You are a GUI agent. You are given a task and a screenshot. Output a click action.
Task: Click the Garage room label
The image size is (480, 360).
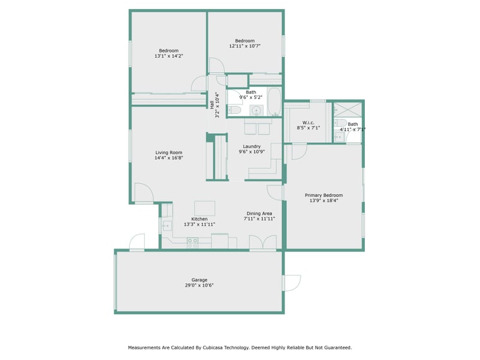point(199,280)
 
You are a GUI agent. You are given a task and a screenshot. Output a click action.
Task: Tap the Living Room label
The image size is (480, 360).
point(169,152)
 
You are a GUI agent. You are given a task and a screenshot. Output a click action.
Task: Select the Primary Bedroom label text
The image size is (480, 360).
point(323,196)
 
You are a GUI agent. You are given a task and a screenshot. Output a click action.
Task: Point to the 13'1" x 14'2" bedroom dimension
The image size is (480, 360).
point(169,56)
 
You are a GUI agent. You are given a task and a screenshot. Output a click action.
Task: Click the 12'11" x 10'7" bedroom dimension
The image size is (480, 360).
point(245,46)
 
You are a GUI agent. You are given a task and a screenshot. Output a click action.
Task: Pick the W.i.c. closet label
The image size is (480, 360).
point(308,122)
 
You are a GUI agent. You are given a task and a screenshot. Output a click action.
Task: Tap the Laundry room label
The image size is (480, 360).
point(251,146)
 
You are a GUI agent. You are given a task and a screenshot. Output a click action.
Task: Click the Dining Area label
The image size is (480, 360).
point(259,214)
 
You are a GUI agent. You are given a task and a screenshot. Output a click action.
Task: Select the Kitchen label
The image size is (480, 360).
point(199,219)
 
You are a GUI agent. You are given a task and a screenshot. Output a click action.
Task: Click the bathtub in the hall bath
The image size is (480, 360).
point(274,101)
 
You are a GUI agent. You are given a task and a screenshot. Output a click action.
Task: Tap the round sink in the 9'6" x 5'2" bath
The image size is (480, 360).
point(256,110)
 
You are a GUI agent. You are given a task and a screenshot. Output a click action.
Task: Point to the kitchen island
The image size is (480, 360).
point(205,208)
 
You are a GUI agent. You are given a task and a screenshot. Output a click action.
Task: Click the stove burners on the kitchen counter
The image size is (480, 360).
point(192,243)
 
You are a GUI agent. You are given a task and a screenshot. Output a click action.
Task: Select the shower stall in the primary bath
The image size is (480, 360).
point(347,110)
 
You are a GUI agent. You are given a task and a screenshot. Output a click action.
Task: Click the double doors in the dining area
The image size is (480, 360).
point(263,242)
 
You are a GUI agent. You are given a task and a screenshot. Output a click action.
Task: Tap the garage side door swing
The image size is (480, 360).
point(292,283)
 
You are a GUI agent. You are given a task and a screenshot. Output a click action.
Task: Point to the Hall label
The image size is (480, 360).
point(212,105)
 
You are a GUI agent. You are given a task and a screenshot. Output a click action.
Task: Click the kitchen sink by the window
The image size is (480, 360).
point(167,226)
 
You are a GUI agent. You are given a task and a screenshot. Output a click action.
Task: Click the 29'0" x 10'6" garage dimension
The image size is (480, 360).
point(199,286)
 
